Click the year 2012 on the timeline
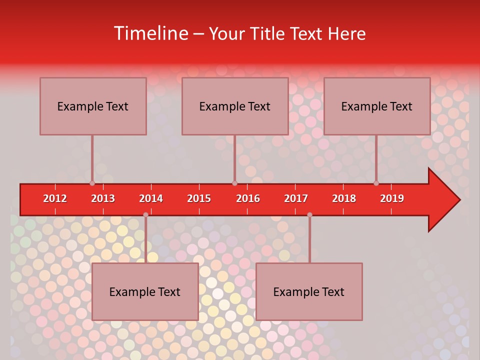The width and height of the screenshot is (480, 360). point(55,198)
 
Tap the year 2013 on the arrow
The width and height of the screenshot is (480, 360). point(103,198)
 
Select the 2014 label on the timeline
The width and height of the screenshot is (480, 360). point(151,198)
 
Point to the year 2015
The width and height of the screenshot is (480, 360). point(199,198)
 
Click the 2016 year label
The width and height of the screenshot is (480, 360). point(248,198)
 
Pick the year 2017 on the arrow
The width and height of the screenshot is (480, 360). point(296,198)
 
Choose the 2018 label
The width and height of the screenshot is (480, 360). point(344,198)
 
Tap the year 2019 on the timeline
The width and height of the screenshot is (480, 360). point(392,198)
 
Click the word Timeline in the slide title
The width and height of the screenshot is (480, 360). point(150,33)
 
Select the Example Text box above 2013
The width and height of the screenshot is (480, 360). point(93,106)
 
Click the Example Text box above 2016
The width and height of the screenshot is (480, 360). point(235,106)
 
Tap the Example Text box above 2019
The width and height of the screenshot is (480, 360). point(377,106)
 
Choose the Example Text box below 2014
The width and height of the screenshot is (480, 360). point(145,291)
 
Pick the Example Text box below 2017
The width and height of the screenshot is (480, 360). point(309,291)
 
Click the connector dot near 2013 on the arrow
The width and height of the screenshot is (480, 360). point(92,183)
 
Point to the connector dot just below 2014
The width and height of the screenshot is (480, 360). point(145,215)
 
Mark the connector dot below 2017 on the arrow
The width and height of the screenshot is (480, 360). point(309,215)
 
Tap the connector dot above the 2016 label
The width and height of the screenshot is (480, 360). point(234,183)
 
